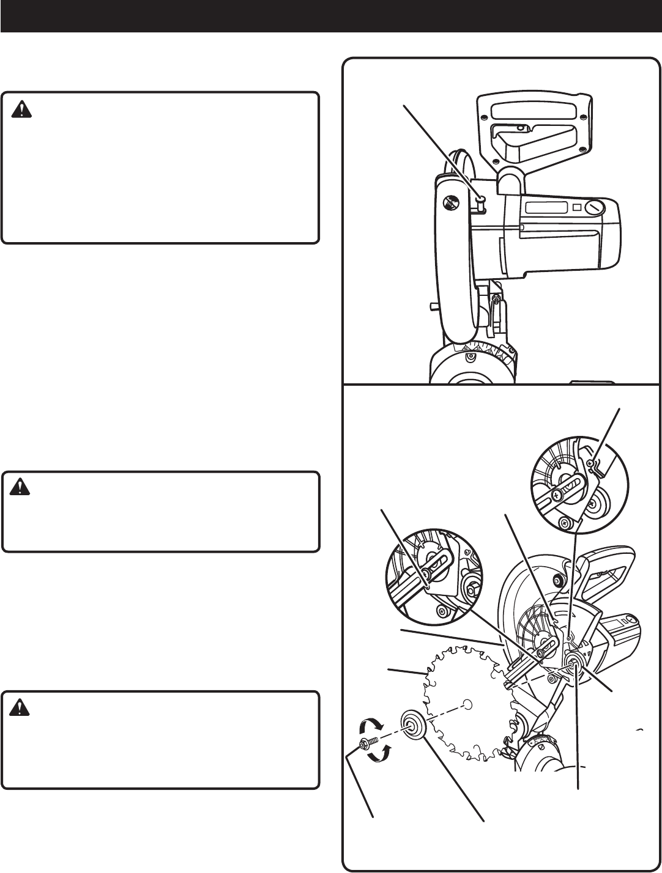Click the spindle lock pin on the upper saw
point(482,199)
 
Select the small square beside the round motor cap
point(576,207)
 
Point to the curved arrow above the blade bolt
point(370,726)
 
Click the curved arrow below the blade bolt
point(379,756)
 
